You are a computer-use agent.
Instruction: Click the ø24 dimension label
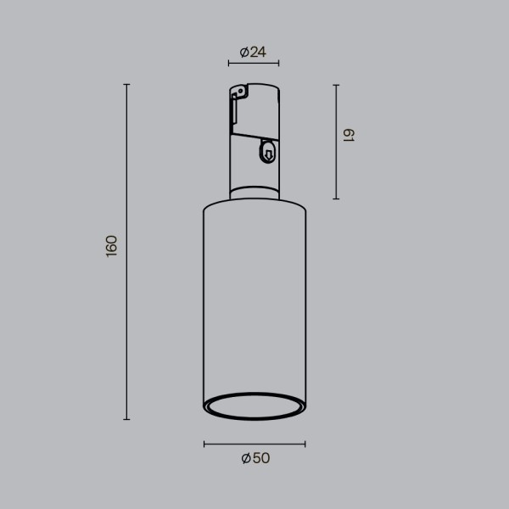point(254,53)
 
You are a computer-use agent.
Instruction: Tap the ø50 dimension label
point(255,458)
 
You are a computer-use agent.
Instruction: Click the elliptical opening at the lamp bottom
point(255,406)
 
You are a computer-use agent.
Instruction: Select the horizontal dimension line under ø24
point(254,64)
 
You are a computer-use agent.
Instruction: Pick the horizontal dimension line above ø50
point(255,444)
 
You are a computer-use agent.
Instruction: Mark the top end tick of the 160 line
point(127,85)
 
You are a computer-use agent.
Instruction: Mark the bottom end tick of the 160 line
point(127,419)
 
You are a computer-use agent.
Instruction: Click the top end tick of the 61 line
point(337,85)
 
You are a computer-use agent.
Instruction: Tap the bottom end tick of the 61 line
point(337,199)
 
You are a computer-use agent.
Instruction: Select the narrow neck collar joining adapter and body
point(255,193)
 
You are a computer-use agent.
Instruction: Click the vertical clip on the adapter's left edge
point(232,110)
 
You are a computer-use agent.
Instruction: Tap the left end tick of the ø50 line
point(204,444)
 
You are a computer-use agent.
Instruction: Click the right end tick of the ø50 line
point(305,444)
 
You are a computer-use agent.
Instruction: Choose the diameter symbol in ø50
point(245,458)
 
